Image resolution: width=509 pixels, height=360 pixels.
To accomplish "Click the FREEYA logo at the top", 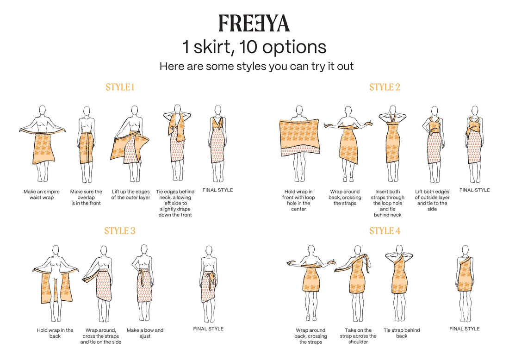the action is coord(254,24).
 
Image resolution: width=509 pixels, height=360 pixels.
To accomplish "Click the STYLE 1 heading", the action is coord(120,87).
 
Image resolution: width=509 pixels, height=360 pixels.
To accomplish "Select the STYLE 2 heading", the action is coord(385,87).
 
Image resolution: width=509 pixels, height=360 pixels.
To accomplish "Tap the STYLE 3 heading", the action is coord(120,231).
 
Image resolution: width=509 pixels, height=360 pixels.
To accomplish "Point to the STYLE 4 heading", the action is coord(385,231).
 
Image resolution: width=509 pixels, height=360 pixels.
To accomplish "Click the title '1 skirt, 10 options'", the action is coord(254,47).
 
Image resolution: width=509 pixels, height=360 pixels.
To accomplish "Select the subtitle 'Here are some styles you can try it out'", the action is coord(256,67).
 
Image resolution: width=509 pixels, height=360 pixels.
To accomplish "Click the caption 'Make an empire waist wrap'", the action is coord(42,194).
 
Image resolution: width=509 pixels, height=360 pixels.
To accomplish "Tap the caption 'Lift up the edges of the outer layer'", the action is coord(131,194).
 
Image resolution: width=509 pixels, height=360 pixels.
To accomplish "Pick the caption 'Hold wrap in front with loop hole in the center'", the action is coord(298,200).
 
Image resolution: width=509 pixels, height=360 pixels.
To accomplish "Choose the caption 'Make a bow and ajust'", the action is coord(145,333).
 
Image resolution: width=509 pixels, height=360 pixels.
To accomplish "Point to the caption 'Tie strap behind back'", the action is coord(402,333).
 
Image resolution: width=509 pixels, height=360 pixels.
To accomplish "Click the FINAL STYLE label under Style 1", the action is coord(218,190).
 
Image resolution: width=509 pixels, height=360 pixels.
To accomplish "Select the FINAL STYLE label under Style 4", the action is coord(465,329).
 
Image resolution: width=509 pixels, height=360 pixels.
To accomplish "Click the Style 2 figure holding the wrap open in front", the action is coord(299,143).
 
